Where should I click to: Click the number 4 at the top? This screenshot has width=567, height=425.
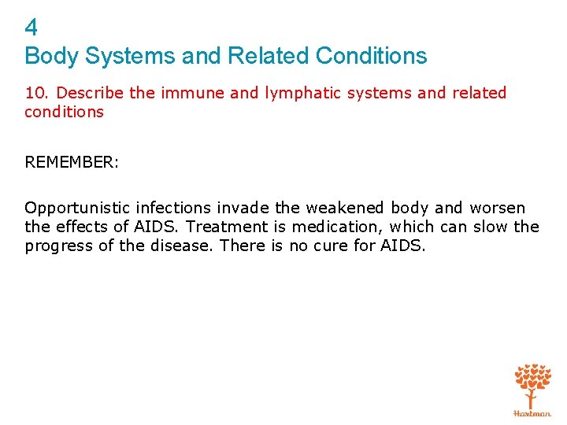[31, 28]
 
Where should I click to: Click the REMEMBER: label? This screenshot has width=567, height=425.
[71, 162]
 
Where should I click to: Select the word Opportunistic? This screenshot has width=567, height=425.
[77, 209]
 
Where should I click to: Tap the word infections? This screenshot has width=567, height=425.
[173, 209]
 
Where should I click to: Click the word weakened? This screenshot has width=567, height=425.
[343, 209]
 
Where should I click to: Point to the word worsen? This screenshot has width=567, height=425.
[497, 209]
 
